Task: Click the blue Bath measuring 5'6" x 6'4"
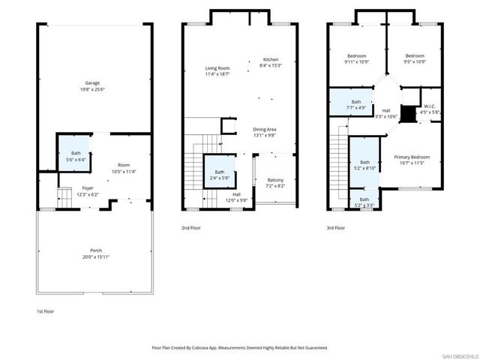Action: coord(76,156)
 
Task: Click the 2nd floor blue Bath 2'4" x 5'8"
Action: coord(219,175)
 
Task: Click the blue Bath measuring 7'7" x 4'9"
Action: coord(355,104)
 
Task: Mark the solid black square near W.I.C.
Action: coord(407,114)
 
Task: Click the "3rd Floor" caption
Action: coord(335,227)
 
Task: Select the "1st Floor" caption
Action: coord(45,310)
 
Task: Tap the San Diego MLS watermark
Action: coord(458,355)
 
